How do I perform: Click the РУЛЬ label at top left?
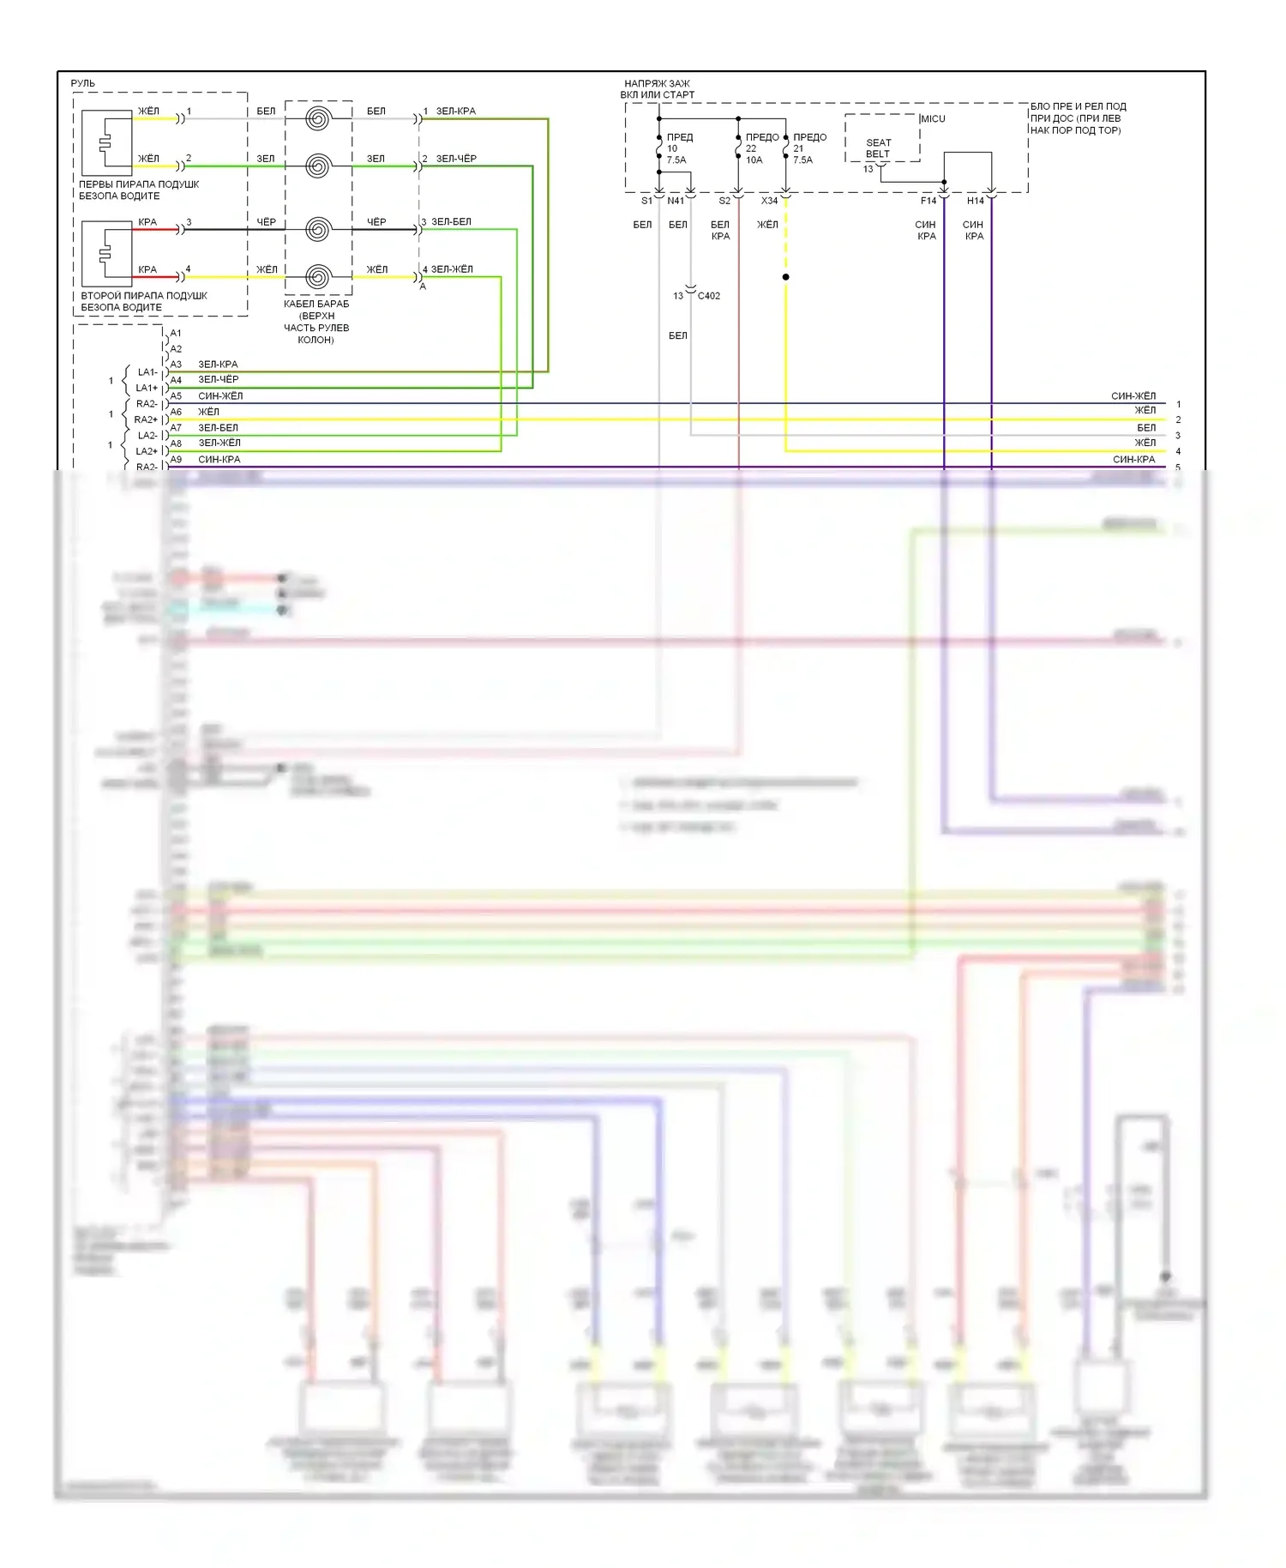(83, 83)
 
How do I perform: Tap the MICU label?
(933, 118)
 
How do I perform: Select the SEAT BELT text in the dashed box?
(878, 148)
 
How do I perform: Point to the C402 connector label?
(709, 296)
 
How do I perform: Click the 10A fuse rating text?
(754, 160)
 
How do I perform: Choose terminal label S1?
(646, 201)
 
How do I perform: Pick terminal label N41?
(676, 201)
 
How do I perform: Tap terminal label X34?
(769, 201)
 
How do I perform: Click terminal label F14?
(928, 201)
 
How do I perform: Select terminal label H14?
(975, 201)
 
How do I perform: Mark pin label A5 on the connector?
(176, 396)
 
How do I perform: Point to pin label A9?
(176, 460)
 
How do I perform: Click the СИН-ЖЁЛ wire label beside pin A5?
(220, 396)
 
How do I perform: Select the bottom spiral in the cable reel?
(318, 277)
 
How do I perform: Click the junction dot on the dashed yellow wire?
(785, 277)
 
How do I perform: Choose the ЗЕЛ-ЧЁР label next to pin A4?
(219, 380)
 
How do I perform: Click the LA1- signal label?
(147, 372)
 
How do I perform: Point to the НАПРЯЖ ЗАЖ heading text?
(657, 84)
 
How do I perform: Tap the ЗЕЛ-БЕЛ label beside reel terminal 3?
(451, 222)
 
